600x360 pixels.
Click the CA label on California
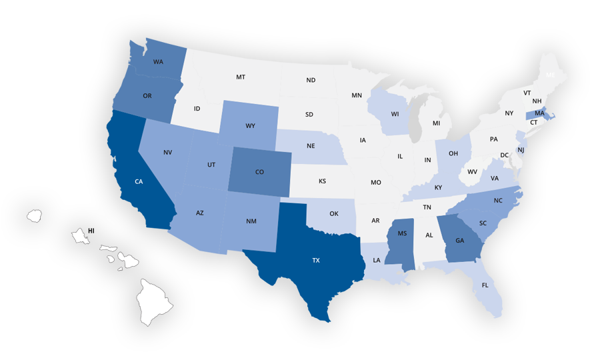pos(139,181)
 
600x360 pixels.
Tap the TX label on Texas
pos(316,261)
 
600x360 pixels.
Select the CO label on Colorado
pos(259,172)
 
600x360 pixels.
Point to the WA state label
pos(158,62)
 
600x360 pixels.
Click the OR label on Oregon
pos(147,96)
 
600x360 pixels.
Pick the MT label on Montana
pos(240,77)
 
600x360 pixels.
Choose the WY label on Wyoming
pos(250,125)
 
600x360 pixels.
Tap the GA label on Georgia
pos(459,241)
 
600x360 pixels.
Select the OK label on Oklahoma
pos(334,214)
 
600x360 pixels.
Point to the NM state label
pos(251,221)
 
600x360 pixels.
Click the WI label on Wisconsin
pos(395,113)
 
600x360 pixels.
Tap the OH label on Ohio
pos(453,153)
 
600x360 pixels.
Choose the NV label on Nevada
pos(168,153)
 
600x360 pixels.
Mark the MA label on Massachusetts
pos(539,113)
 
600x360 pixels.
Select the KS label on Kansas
pos(322,181)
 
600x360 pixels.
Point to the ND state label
pos(311,81)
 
